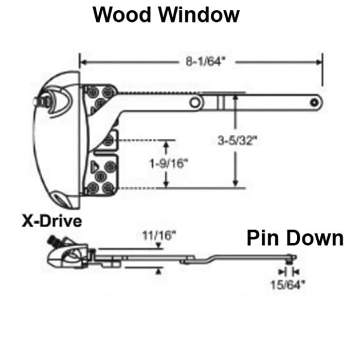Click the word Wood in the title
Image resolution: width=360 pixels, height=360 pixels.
[122, 14]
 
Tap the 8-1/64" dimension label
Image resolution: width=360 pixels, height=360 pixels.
[206, 62]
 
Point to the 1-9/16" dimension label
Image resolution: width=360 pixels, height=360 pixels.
[169, 164]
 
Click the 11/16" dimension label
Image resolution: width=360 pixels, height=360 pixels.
[159, 236]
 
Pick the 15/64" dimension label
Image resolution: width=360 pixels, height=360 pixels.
[288, 285]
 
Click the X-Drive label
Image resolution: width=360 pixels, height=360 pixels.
[51, 221]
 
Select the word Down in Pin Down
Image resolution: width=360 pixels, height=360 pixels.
[315, 238]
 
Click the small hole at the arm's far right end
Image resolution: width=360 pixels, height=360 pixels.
[314, 102]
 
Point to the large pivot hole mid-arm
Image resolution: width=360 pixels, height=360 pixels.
[195, 102]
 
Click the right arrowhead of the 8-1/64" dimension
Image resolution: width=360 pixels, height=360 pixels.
[319, 62]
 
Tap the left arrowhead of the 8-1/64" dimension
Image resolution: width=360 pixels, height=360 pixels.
[83, 62]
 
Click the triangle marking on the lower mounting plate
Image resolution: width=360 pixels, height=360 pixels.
[94, 167]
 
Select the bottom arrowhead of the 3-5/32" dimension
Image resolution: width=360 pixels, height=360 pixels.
[235, 183]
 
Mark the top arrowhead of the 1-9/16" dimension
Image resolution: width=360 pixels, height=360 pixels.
[167, 144]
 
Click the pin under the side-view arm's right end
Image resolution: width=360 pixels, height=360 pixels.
[289, 262]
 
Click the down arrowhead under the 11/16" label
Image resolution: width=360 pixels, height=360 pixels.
[158, 246]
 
